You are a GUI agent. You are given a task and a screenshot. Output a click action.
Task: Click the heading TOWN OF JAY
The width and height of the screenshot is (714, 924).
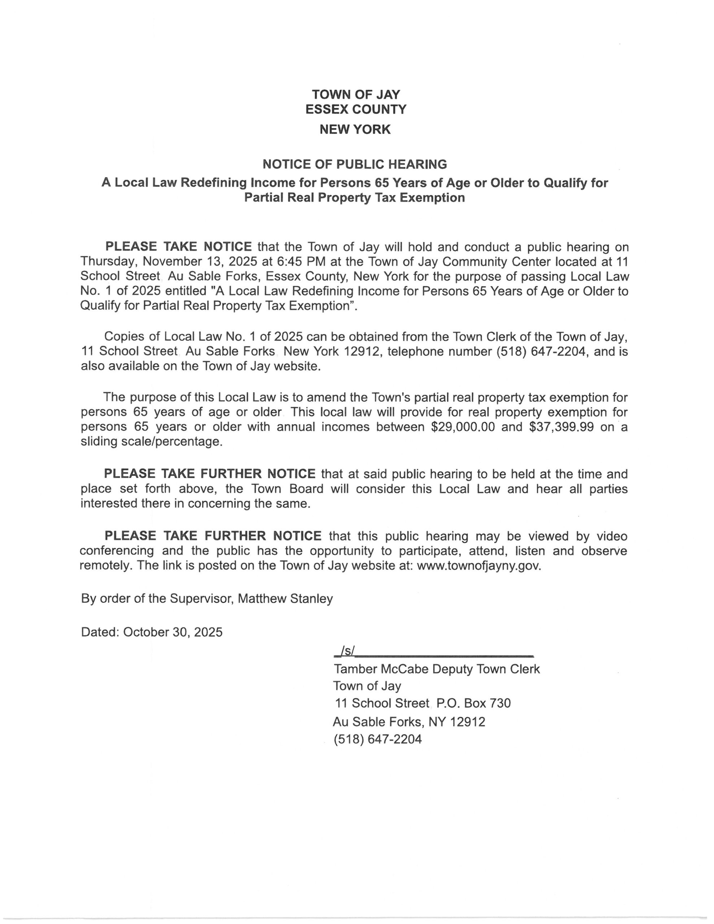tap(356, 94)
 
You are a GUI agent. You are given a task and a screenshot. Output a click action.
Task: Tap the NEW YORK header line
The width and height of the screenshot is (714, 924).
tap(355, 129)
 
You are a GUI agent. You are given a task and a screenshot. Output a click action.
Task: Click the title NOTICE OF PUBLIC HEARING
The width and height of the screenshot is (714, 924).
tap(355, 164)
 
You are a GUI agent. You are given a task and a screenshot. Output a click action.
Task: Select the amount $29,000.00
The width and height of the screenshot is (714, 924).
tap(463, 427)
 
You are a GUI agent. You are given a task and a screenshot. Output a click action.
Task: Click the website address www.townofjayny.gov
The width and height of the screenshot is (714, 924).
tap(479, 566)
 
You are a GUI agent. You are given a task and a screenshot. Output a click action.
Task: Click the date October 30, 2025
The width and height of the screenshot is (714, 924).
tap(173, 632)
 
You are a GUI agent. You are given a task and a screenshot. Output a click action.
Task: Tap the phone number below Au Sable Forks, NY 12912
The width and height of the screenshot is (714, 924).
tap(378, 739)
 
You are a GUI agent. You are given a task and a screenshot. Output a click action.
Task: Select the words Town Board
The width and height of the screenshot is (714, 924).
tap(287, 489)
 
